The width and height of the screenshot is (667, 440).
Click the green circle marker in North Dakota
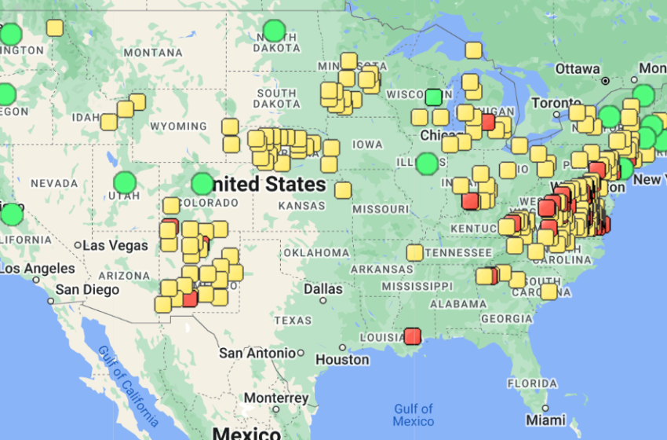(274, 31)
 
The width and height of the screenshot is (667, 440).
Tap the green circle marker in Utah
(125, 183)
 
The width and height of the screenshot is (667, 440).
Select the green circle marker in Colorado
(202, 184)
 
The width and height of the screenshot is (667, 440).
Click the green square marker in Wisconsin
(433, 97)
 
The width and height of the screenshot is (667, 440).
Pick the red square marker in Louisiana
(413, 336)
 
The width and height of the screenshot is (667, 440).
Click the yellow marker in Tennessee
(414, 252)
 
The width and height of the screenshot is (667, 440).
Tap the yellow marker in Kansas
(343, 190)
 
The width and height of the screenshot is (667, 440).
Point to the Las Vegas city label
(117, 245)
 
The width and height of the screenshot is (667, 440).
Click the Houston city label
(342, 359)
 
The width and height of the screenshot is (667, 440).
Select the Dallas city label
(323, 289)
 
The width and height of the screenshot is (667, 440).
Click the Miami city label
(545, 420)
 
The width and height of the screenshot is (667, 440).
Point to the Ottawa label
(578, 69)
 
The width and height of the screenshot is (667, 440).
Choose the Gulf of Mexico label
(414, 415)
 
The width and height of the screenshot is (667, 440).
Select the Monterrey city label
(275, 398)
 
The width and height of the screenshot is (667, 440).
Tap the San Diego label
(87, 289)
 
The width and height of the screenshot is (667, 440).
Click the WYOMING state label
(179, 126)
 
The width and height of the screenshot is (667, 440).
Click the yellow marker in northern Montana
(54, 28)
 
